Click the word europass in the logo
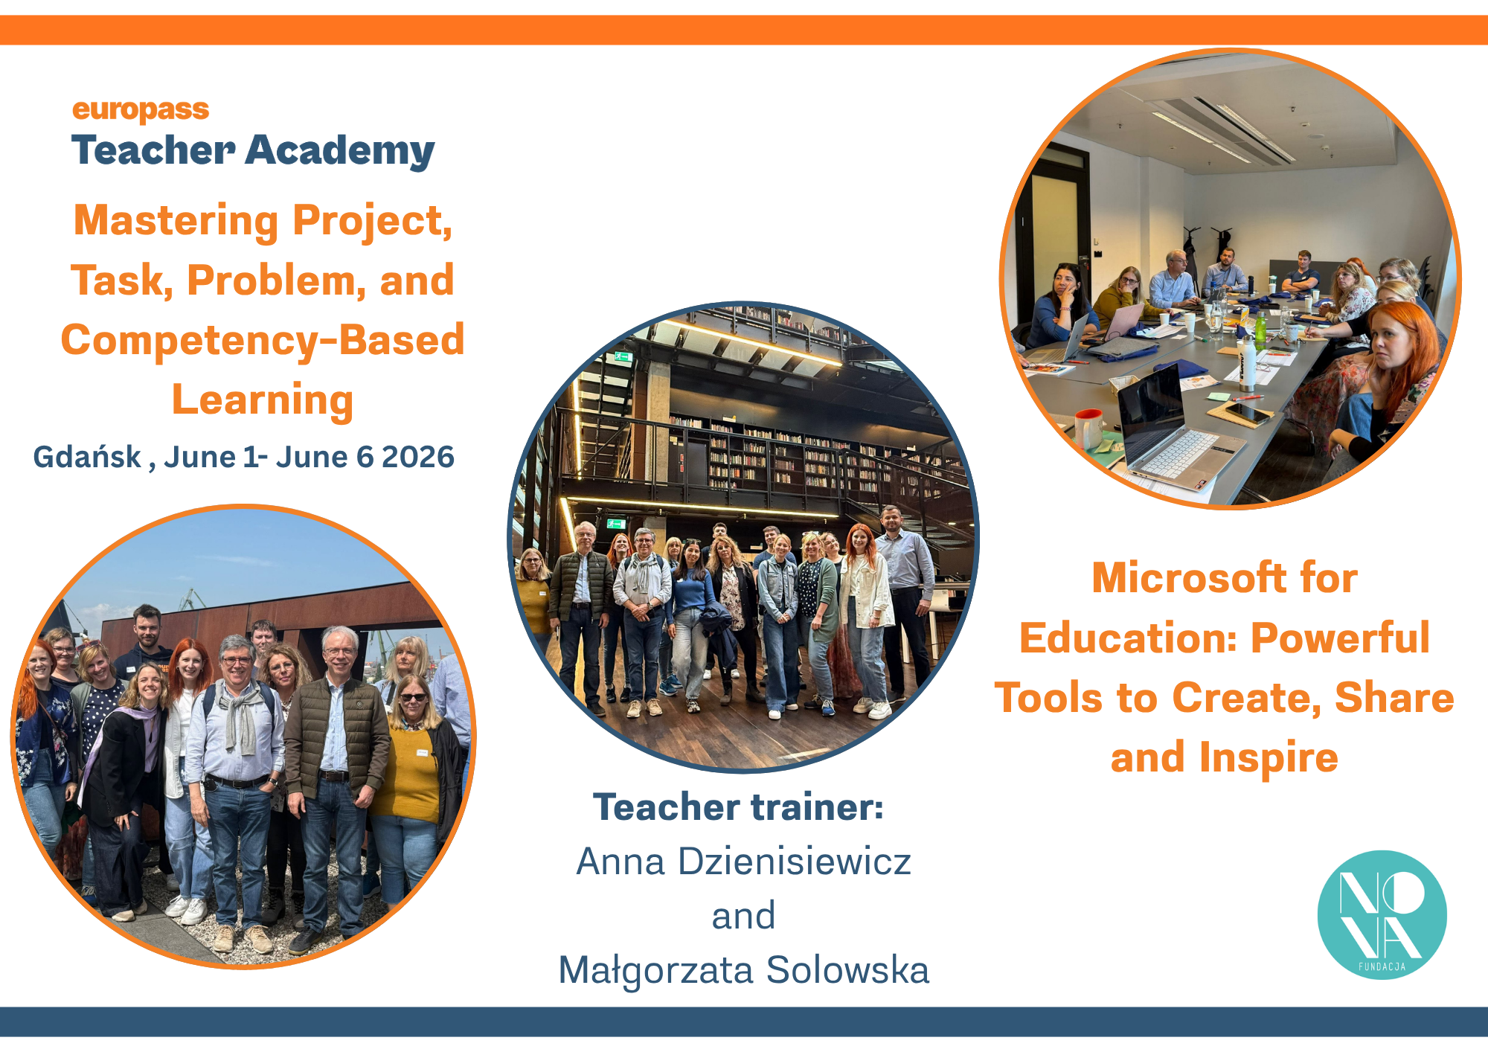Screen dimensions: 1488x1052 141,109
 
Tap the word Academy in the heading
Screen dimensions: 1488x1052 340,151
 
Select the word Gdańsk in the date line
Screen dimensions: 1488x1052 87,457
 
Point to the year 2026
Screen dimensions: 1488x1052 418,457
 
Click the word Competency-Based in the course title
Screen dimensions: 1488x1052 263,340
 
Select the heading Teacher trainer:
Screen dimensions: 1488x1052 739,807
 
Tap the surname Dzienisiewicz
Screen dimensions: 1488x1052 795,862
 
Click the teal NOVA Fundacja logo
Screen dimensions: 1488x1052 1382,914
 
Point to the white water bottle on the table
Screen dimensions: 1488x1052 1247,364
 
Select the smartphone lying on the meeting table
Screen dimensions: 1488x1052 1246,412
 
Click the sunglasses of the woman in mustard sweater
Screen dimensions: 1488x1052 414,697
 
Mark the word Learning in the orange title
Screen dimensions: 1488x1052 263,400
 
